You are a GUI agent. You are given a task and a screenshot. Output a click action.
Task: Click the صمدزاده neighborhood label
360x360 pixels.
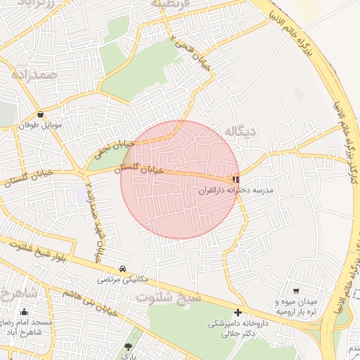point(39,73)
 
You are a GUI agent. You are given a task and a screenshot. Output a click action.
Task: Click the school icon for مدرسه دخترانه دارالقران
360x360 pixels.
point(236,180)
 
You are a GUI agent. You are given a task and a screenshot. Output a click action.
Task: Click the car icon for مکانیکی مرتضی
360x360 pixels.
point(123,269)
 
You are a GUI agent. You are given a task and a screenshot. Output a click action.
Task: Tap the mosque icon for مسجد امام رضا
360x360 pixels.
point(25,312)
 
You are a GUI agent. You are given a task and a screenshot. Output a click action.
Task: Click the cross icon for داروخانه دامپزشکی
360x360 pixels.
point(238,312)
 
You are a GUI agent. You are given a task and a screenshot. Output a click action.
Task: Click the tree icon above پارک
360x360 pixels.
point(128,347)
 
